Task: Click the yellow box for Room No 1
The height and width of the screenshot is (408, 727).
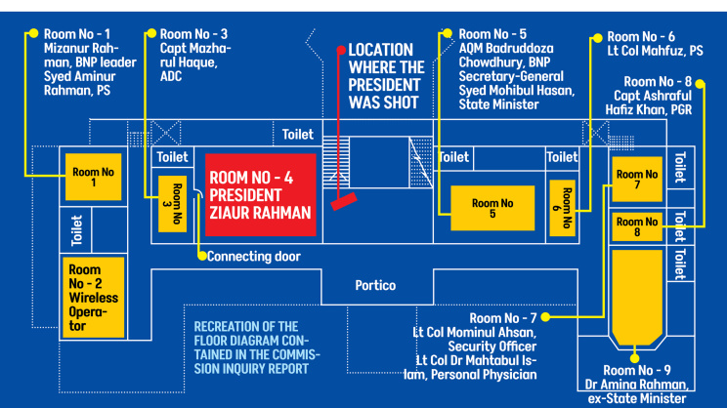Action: pyautogui.click(x=93, y=177)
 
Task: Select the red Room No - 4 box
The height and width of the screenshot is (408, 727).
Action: pyautogui.click(x=261, y=195)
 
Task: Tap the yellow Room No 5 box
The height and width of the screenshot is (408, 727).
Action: pyautogui.click(x=492, y=208)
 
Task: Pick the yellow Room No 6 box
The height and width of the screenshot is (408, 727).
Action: pyautogui.click(x=563, y=208)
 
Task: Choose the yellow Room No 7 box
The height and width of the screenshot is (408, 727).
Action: pyautogui.click(x=637, y=180)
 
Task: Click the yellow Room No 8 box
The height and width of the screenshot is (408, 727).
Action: pyautogui.click(x=637, y=226)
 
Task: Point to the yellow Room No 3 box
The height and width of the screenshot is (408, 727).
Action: pyautogui.click(x=173, y=204)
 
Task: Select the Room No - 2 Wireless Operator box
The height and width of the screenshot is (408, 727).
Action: pyautogui.click(x=93, y=298)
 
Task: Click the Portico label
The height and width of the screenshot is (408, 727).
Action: pyautogui.click(x=375, y=285)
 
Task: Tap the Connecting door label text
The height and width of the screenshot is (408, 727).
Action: pyautogui.click(x=254, y=257)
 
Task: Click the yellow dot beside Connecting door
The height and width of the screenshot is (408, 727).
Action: pyautogui.click(x=201, y=256)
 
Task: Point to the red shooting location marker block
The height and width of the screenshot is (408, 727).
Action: pyautogui.click(x=344, y=201)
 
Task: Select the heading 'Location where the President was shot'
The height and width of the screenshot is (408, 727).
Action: pyautogui.click(x=386, y=76)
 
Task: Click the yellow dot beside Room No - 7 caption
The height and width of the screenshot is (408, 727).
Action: pyautogui.click(x=545, y=317)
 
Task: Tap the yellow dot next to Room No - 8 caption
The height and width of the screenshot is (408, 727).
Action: pyautogui.click(x=700, y=84)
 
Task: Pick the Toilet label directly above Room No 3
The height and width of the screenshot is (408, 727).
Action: pyautogui.click(x=173, y=157)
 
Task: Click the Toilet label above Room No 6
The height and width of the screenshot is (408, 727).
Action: pyautogui.click(x=562, y=157)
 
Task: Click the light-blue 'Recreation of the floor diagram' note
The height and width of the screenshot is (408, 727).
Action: pyautogui.click(x=257, y=347)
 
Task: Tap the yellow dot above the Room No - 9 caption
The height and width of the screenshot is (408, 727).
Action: pyautogui.click(x=635, y=358)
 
